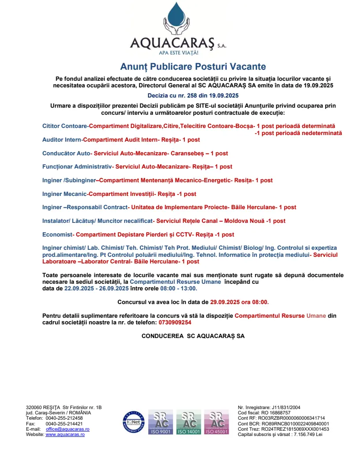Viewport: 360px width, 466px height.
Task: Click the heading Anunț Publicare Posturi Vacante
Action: coord(193,67)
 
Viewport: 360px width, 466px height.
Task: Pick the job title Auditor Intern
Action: coord(62,140)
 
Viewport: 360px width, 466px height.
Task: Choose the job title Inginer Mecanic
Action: coord(65,194)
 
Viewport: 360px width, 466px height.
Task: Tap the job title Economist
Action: coord(57,234)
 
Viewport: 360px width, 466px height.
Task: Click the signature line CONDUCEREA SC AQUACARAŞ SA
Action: coord(193,336)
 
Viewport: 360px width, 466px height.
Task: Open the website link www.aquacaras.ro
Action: coord(65,434)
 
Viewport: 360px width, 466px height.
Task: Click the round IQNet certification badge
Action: coord(134,422)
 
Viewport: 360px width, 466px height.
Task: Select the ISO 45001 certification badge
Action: coord(216,423)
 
